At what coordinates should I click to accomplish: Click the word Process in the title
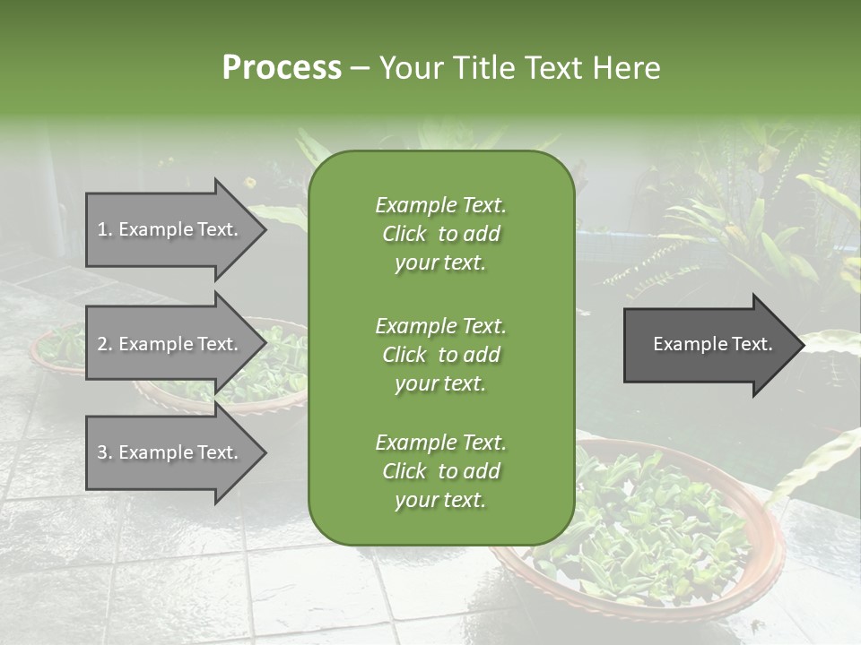(282, 68)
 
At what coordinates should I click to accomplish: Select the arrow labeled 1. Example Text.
(170, 229)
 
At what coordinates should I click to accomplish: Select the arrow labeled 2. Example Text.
(170, 344)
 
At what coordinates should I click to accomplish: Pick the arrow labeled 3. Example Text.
(170, 452)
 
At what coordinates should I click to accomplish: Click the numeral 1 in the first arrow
(102, 229)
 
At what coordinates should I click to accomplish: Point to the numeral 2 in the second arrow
(102, 344)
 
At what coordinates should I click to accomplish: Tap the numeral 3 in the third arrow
(102, 452)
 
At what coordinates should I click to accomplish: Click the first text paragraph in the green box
(440, 234)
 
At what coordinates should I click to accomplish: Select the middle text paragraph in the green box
(440, 354)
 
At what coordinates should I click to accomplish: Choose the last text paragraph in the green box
(440, 471)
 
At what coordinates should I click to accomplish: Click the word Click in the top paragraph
(404, 234)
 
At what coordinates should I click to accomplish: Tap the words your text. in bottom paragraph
(440, 501)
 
